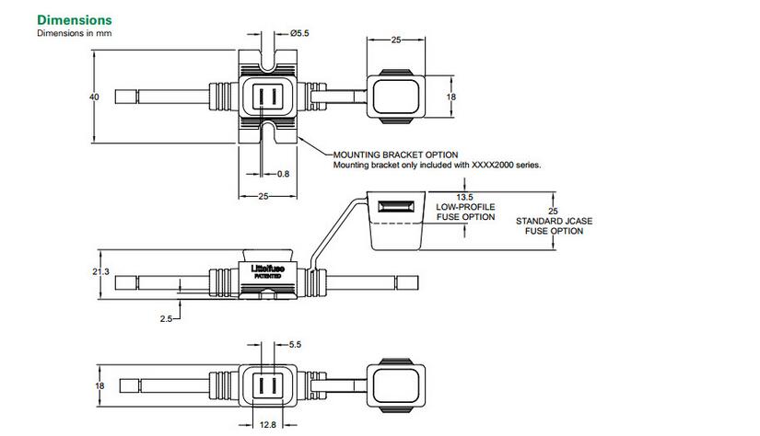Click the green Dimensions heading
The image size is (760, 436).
[74, 19]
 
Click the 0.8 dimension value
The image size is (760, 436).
[283, 173]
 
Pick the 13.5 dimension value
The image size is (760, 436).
[465, 197]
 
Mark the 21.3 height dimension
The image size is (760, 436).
[101, 271]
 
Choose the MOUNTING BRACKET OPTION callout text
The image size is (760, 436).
[395, 155]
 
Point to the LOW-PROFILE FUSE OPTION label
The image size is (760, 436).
[465, 212]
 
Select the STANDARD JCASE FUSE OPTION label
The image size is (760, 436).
[549, 226]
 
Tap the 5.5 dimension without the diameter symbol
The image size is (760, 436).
[295, 344]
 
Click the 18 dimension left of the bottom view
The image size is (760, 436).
[101, 386]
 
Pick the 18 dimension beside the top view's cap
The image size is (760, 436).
[450, 96]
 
